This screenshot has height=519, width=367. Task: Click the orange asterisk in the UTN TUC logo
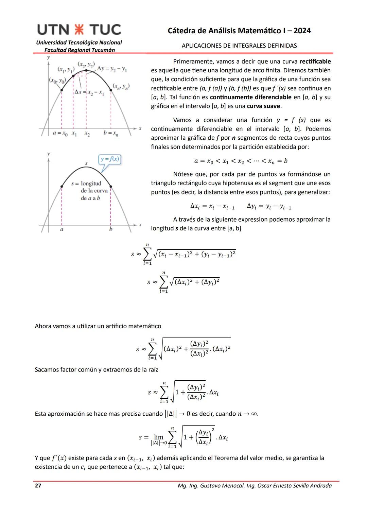[79, 30]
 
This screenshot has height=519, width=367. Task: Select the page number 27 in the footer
[38, 485]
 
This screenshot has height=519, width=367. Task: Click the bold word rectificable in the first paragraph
[315, 62]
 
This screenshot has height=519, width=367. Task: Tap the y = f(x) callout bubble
[110, 159]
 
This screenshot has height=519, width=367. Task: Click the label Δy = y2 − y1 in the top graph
[112, 69]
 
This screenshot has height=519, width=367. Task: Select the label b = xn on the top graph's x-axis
[111, 133]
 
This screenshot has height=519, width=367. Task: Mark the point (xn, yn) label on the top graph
[121, 86]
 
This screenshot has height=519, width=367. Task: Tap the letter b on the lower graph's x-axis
[110, 229]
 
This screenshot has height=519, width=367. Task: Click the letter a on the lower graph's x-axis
[62, 229]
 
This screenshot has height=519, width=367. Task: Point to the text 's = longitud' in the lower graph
[86, 184]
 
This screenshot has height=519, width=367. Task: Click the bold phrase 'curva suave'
[264, 106]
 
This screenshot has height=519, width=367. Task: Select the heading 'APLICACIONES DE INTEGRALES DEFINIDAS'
[239, 46]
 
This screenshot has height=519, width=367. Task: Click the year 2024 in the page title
[302, 31]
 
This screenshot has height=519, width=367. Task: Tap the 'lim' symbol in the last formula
[159, 437]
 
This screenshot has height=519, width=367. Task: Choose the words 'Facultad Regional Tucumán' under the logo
[80, 50]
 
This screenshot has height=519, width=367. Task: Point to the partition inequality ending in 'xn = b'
[241, 161]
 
